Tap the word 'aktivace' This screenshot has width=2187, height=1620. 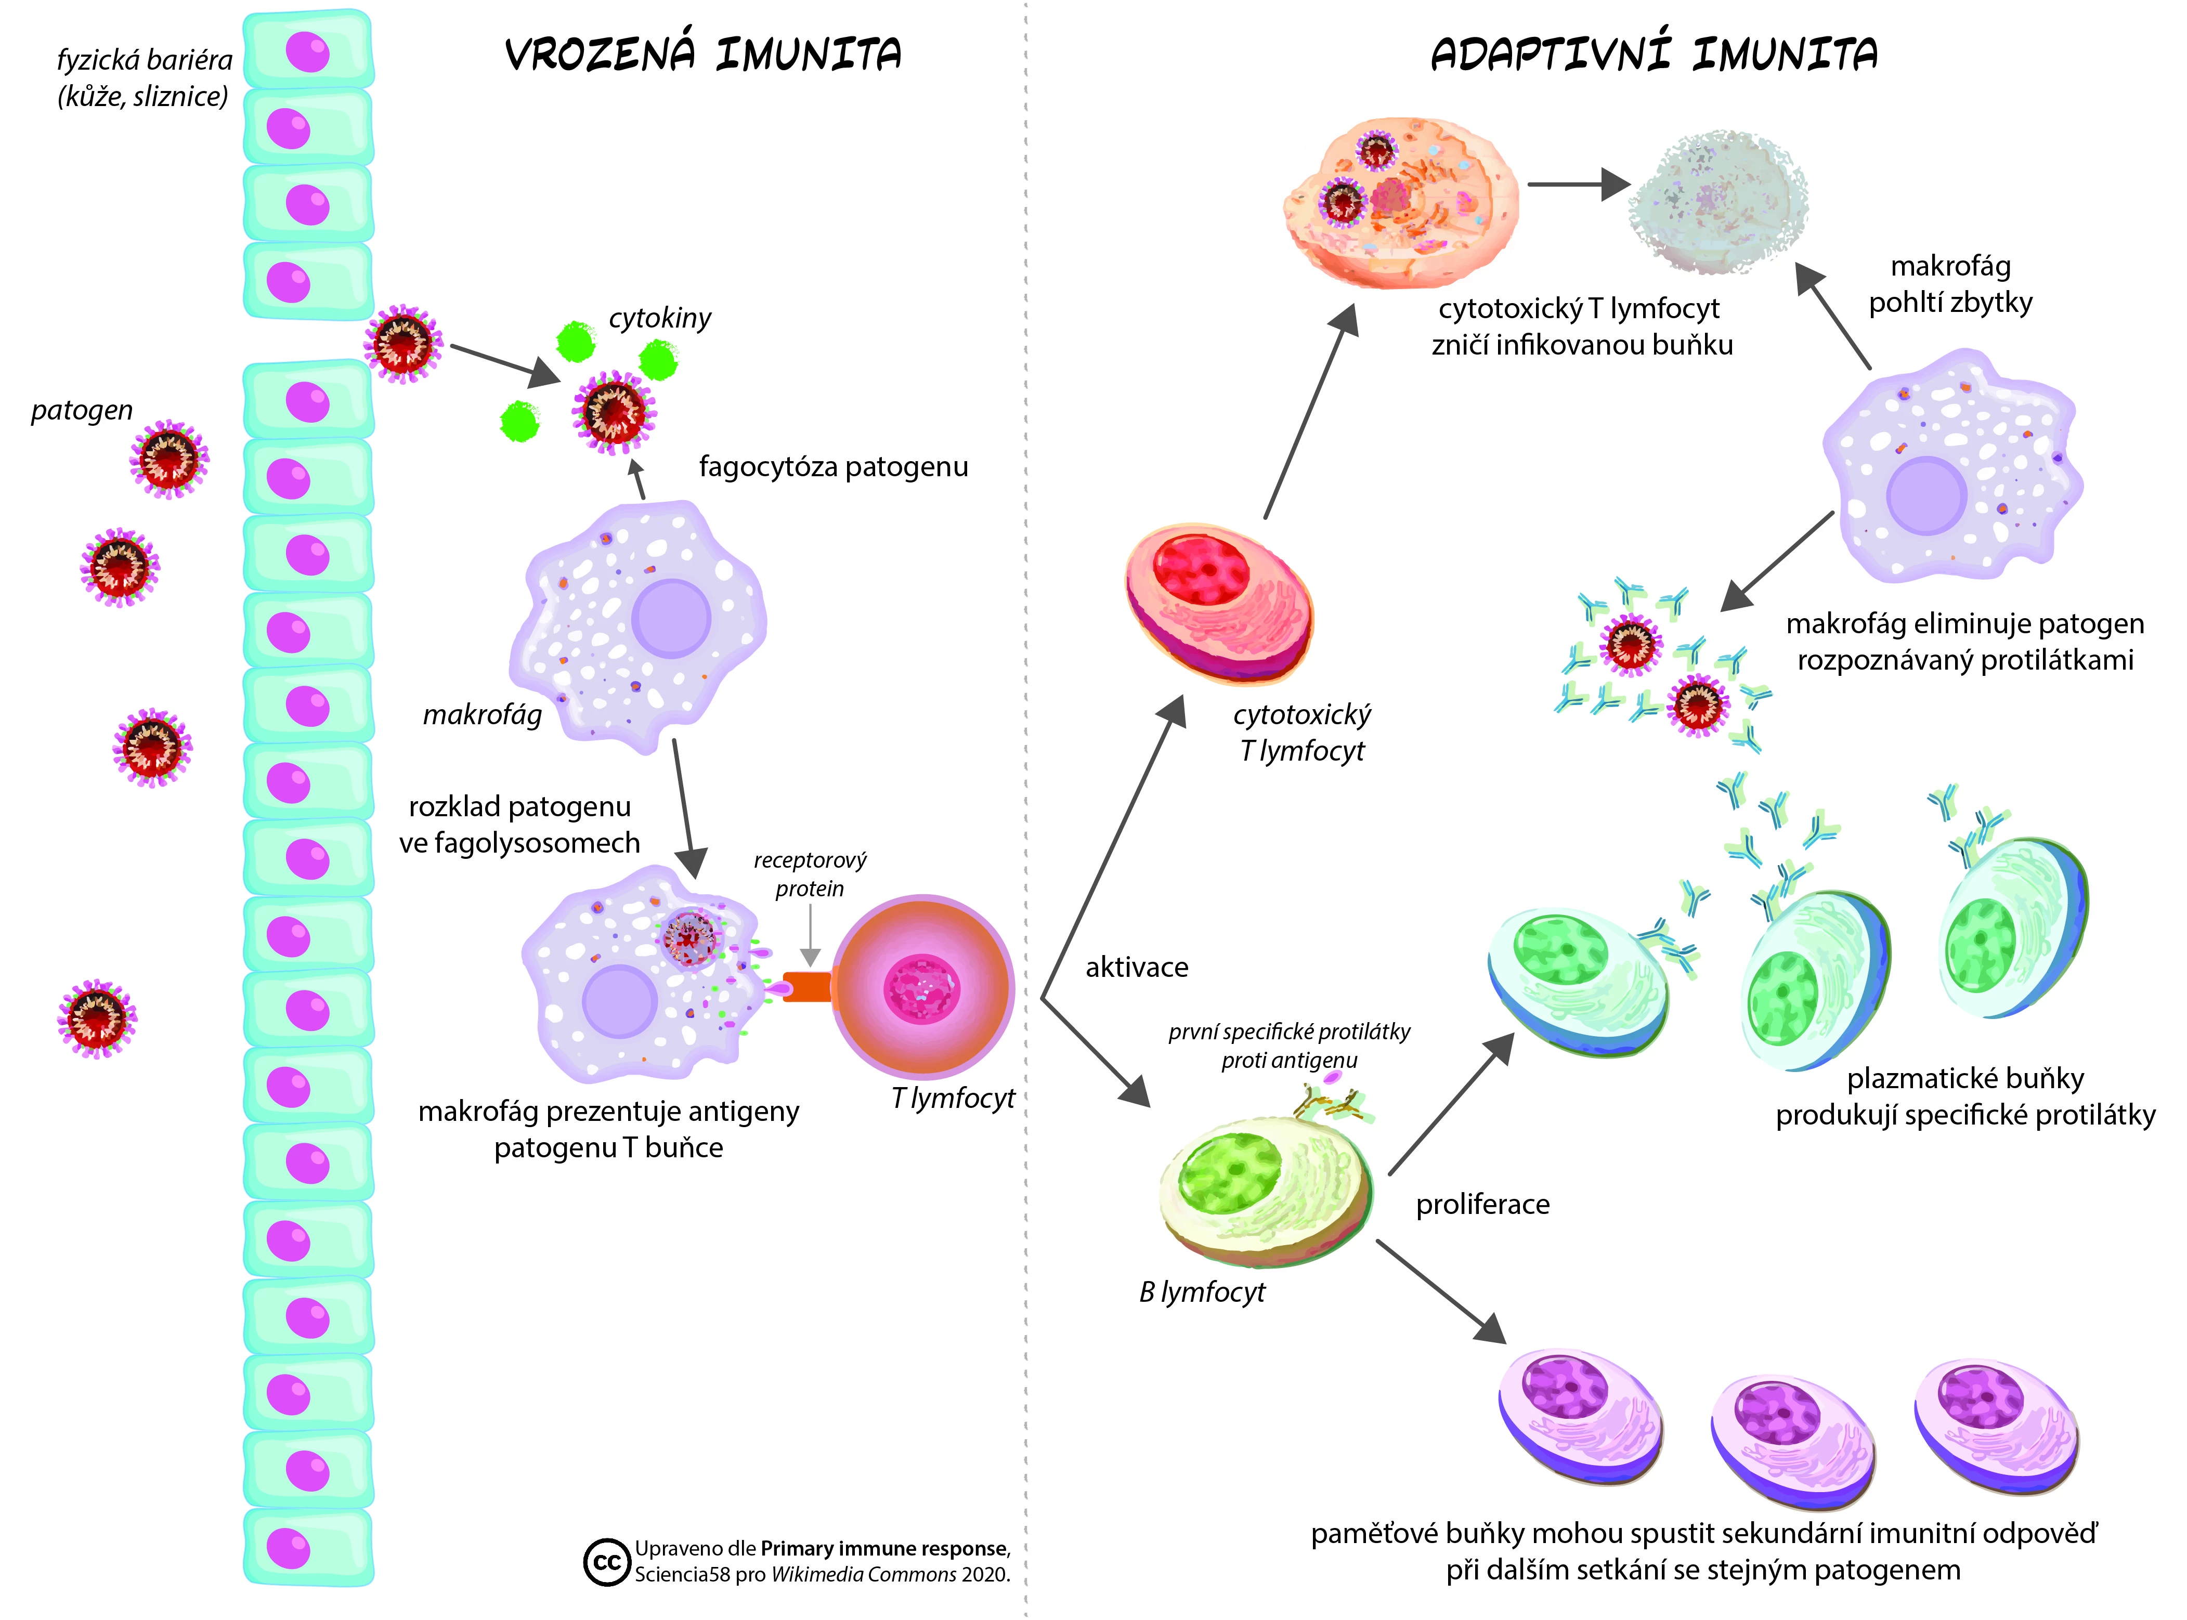pos(1137,968)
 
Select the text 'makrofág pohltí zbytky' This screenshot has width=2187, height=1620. pos(1950,284)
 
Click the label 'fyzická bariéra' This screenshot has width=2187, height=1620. pos(144,61)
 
